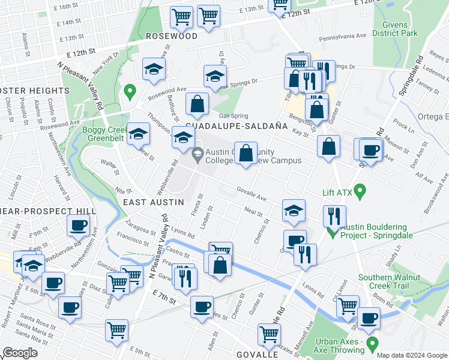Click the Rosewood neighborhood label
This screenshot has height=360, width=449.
click(172, 36)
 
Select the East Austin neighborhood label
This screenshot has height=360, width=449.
click(153, 202)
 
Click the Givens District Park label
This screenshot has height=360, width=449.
click(395, 29)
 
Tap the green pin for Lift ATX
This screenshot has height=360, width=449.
click(360, 192)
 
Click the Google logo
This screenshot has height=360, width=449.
click(20, 353)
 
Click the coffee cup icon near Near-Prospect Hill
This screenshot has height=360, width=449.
click(78, 226)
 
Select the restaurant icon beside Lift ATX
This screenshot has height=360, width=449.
click(333, 215)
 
